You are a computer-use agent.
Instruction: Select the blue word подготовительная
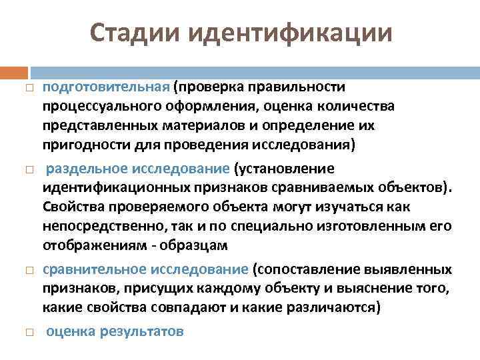106,87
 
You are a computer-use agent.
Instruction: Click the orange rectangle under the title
14,71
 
